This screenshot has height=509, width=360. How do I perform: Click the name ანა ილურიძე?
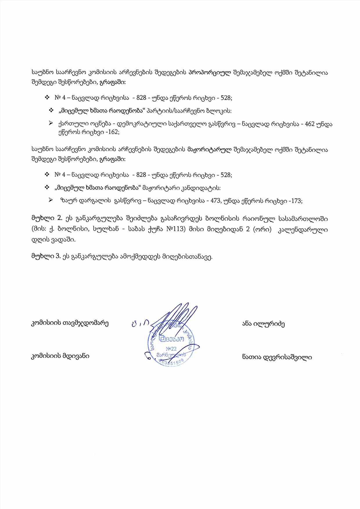point(263,324)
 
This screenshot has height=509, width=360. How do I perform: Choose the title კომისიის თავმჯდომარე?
point(70,323)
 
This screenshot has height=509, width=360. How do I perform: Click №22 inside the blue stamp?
point(171,348)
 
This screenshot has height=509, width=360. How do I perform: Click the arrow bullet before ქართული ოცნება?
point(51,124)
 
